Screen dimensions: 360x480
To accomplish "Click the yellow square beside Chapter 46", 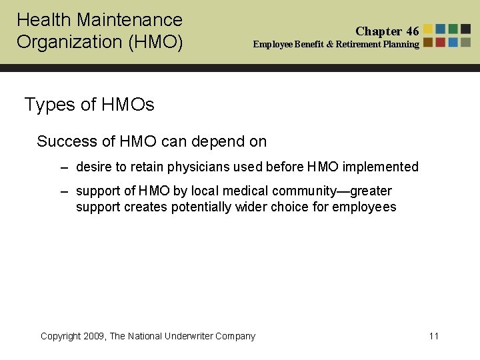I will (429, 29).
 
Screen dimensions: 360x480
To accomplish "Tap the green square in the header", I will (453, 29).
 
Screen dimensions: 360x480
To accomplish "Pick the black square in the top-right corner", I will (466, 29).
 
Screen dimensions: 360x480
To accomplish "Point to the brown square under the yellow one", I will (429, 42).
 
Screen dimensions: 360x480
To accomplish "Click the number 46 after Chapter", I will (412, 31).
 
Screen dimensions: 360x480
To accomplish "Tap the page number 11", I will (434, 336).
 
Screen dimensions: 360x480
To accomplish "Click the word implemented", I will (380, 167).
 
